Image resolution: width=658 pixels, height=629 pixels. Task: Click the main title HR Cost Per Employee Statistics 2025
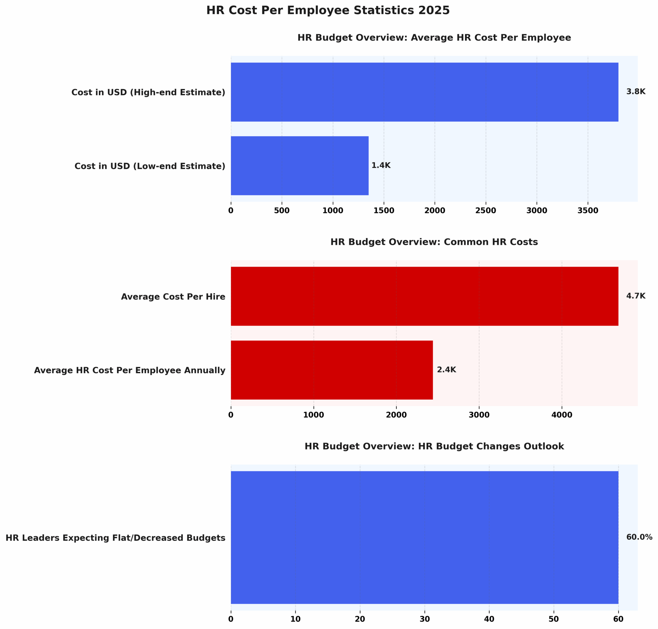click(x=328, y=10)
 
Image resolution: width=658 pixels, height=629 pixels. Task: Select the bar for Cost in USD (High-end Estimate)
click(x=424, y=92)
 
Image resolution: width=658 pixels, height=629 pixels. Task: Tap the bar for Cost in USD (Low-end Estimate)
click(x=299, y=166)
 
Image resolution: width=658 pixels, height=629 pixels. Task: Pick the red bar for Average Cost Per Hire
click(x=424, y=296)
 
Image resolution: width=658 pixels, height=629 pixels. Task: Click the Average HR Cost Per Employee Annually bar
click(x=332, y=370)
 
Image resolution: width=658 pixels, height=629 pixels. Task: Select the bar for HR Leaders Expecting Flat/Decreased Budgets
click(x=424, y=537)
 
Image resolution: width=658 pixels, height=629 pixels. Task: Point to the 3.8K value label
click(x=636, y=92)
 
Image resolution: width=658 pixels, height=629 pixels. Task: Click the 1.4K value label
click(x=381, y=165)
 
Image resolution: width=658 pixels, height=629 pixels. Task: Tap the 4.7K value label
click(x=636, y=296)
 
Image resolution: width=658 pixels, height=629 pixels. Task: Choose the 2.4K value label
click(x=446, y=369)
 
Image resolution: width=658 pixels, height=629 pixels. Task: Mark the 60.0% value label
click(x=639, y=537)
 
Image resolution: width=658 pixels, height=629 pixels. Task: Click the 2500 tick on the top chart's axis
click(x=485, y=210)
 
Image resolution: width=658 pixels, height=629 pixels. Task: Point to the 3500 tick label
click(x=588, y=210)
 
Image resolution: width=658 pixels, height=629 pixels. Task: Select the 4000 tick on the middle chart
click(x=562, y=415)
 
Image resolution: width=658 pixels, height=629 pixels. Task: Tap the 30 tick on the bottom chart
click(x=424, y=619)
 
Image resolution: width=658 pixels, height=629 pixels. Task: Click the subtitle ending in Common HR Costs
click(x=434, y=242)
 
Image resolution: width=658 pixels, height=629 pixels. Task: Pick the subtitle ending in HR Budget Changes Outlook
click(x=434, y=446)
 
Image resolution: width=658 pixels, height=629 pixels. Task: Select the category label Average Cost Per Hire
click(x=173, y=297)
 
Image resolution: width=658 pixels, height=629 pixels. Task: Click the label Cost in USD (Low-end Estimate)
click(x=150, y=166)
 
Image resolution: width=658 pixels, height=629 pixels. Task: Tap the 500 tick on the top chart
click(x=282, y=210)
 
